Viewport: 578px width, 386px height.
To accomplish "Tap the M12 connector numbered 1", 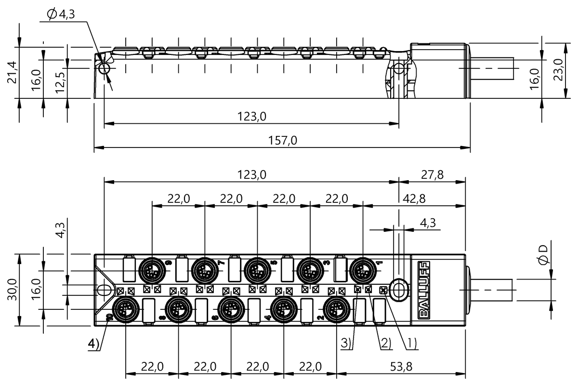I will pyautogui.click(x=362, y=268).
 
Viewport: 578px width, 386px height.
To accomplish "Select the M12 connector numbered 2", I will pyautogui.click(x=336, y=309).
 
